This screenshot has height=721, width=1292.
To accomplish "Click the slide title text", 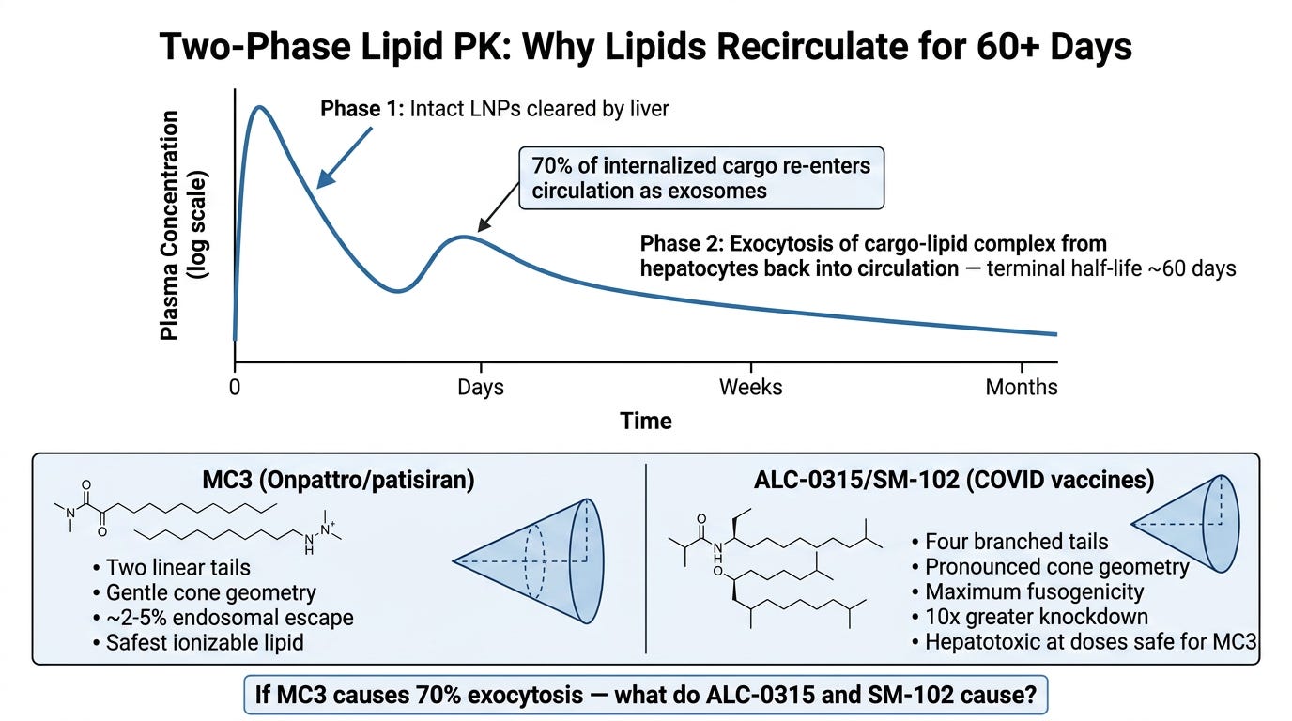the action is point(645,47).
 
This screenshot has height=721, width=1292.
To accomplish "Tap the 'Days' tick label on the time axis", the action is point(481,387).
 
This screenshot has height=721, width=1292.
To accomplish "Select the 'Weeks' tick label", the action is point(750,387).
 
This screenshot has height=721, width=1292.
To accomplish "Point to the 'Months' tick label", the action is point(1022,387).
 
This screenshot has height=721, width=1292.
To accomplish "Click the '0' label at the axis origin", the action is point(234,387).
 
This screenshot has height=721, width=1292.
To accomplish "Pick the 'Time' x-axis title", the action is point(645,422).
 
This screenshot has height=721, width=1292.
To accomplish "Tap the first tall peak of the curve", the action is point(259,107).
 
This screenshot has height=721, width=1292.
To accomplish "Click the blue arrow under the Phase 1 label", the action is point(345,158).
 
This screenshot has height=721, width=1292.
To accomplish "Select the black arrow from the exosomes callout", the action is point(499,207).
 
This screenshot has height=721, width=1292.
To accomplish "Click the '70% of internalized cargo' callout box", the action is point(701,177).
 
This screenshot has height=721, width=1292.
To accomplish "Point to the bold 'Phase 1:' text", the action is point(362,109).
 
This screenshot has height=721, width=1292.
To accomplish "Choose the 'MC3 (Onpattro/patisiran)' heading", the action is point(338,480).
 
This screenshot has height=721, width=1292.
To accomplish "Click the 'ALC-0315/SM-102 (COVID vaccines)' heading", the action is point(954,480).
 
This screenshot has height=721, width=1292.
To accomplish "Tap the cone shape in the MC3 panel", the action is point(529,560).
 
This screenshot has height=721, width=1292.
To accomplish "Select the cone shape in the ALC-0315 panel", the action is point(1185,524).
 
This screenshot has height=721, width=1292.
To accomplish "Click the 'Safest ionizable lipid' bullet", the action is point(198,642).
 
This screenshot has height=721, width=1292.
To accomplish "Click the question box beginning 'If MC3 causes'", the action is point(645,695).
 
